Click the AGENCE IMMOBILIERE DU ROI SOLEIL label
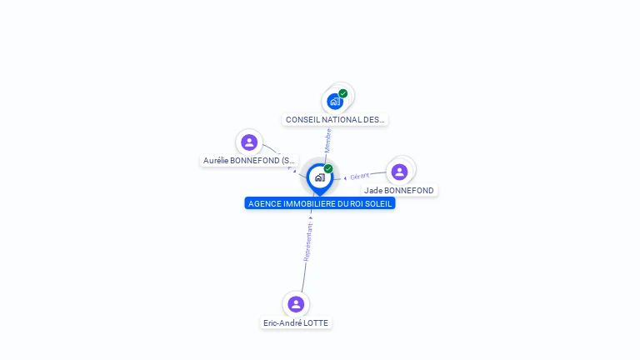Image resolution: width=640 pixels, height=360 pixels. pos(320,203)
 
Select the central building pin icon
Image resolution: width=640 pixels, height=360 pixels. pos(319,177)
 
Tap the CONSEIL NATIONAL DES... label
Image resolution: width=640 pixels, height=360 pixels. pos(335,120)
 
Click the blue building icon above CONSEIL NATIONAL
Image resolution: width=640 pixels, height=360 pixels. pos(335,102)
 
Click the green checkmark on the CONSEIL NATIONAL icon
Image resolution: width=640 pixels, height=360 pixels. pos(343,93)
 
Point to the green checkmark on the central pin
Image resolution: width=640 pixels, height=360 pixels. pos(328,168)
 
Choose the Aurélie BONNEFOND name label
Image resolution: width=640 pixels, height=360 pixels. pos(249,160)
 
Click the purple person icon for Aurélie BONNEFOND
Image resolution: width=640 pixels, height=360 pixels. pos(248,142)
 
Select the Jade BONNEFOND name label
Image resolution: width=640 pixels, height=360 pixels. pos(399,191)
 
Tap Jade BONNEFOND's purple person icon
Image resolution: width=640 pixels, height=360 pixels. pos(399,172)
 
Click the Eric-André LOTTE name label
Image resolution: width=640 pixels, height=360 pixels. pos(296,323)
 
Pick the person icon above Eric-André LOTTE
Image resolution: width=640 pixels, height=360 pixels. pos(295,304)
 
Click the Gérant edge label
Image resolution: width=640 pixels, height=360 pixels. pos(360,176)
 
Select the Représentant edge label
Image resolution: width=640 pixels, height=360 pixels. pos(307,242)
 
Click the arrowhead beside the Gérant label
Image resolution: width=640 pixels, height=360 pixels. pos(345,177)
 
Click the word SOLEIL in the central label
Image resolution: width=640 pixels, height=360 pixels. pos(377,203)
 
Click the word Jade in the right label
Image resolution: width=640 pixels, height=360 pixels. pos(373,191)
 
